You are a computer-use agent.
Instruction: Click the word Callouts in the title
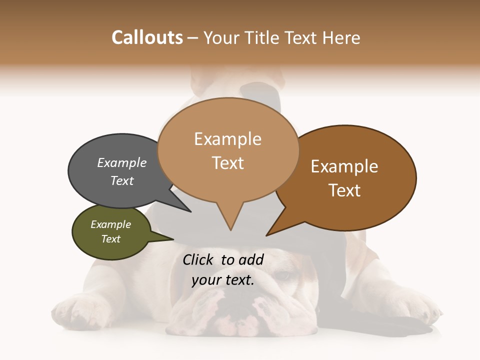pyautogui.click(x=147, y=37)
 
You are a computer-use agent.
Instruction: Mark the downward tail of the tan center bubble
pyautogui.click(x=230, y=222)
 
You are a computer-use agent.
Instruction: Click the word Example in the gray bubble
pyautogui.click(x=122, y=163)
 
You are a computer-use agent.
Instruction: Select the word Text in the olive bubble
pyautogui.click(x=111, y=239)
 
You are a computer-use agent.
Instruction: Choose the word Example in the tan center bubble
pyautogui.click(x=227, y=139)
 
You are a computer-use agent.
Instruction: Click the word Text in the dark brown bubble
pyautogui.click(x=344, y=190)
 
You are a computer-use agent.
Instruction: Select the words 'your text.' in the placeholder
pyautogui.click(x=223, y=280)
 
